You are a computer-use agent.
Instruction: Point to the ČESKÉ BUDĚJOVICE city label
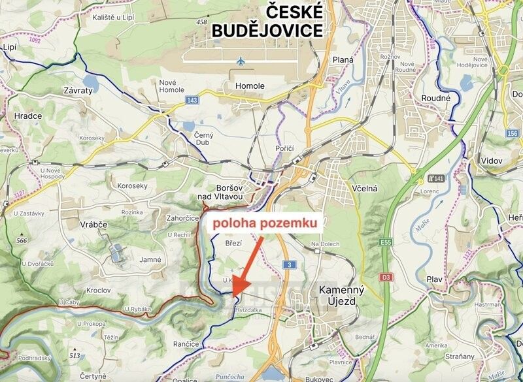(x=267, y=21)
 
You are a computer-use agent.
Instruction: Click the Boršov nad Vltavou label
(x=221, y=191)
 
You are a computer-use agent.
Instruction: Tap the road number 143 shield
(x=192, y=100)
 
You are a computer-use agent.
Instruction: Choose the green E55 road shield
(x=386, y=242)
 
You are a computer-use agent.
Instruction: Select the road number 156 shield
(x=512, y=133)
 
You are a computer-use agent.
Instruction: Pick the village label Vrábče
(x=93, y=223)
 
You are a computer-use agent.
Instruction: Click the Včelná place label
(x=365, y=188)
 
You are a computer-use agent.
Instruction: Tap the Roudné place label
(x=436, y=98)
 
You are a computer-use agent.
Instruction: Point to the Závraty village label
(x=78, y=91)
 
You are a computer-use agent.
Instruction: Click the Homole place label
(x=250, y=86)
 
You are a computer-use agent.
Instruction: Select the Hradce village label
(x=28, y=116)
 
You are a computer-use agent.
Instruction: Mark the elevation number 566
(x=21, y=240)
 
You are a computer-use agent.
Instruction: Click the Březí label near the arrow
(x=233, y=243)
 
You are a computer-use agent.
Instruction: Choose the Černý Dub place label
(x=204, y=139)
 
